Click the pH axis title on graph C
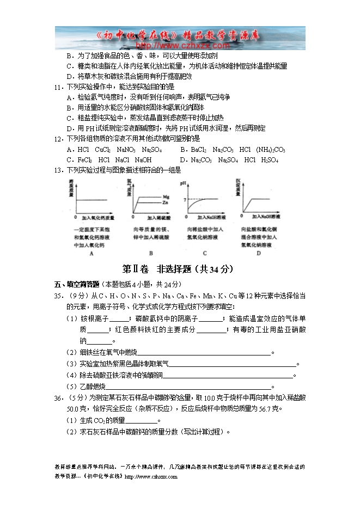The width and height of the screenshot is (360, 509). click(184, 182)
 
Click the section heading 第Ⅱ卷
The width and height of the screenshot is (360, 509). click(136, 269)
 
